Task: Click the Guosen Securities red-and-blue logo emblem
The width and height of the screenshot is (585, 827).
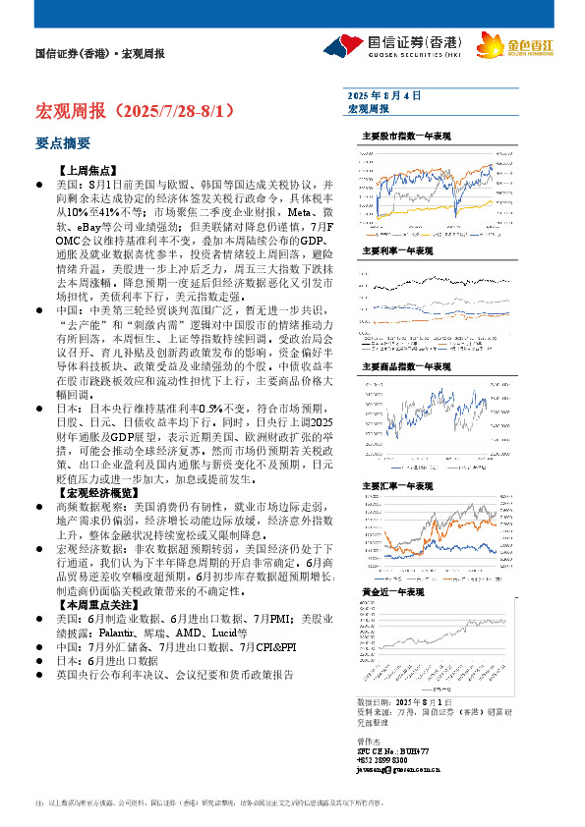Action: coord(338,45)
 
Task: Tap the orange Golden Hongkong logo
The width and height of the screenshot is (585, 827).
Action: coord(501,45)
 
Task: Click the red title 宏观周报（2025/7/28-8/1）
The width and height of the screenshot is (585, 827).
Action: coord(135,109)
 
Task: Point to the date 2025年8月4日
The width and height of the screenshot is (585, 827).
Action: coord(384,95)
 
